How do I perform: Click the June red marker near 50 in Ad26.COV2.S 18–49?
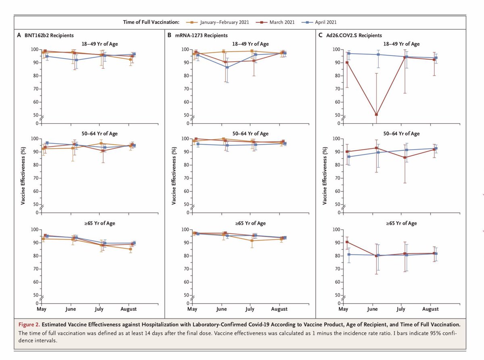(x=376, y=114)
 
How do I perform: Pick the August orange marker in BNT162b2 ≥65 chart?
(x=130, y=249)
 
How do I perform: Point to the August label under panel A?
(x=129, y=309)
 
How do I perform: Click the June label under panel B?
(x=221, y=309)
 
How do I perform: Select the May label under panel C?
(x=343, y=309)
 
